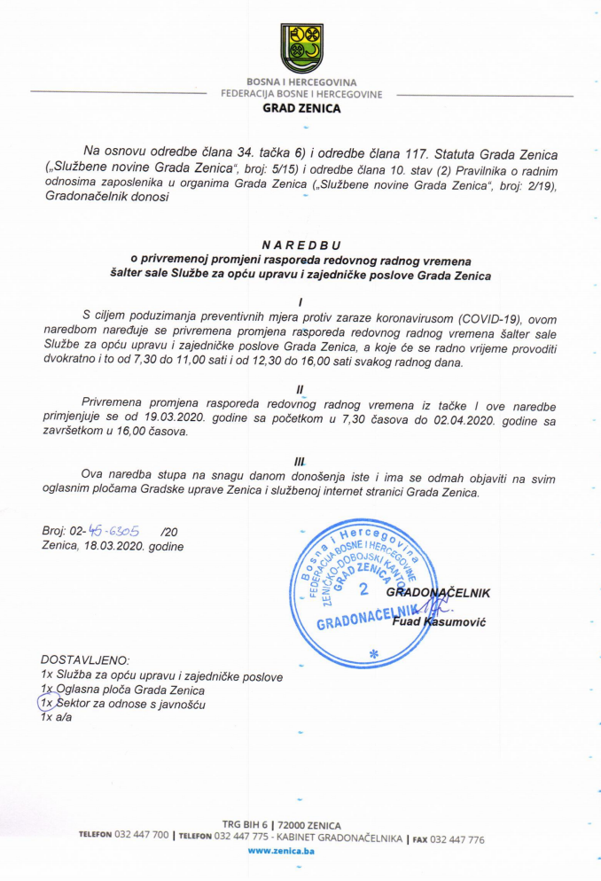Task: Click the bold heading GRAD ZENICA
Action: click(301, 110)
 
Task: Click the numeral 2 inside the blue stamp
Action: click(363, 589)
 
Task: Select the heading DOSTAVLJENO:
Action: click(85, 661)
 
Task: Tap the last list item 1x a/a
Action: click(57, 718)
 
